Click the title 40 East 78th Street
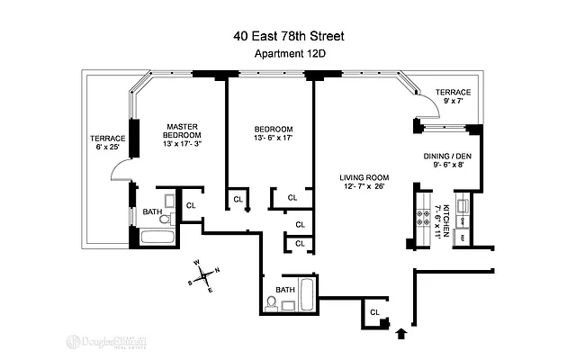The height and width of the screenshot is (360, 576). pyautogui.click(x=287, y=37)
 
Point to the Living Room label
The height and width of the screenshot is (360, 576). pyautogui.click(x=364, y=181)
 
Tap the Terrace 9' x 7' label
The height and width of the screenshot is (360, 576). pyautogui.click(x=453, y=97)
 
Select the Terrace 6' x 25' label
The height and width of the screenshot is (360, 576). pyautogui.click(x=106, y=143)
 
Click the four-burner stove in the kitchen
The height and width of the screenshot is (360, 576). pyautogui.click(x=423, y=217)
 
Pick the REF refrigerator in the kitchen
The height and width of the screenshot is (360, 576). pyautogui.click(x=462, y=237)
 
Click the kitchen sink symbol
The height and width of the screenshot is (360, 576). pyautogui.click(x=462, y=219)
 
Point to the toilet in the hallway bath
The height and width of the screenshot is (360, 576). pyautogui.click(x=271, y=302)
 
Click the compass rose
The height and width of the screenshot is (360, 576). pyautogui.click(x=206, y=275)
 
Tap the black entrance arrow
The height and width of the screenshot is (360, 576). pyautogui.click(x=401, y=335)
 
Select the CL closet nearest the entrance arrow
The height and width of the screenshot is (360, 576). pyautogui.click(x=374, y=312)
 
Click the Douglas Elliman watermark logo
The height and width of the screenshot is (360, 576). pyautogui.click(x=107, y=342)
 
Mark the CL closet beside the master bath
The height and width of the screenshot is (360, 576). pyautogui.click(x=190, y=205)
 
